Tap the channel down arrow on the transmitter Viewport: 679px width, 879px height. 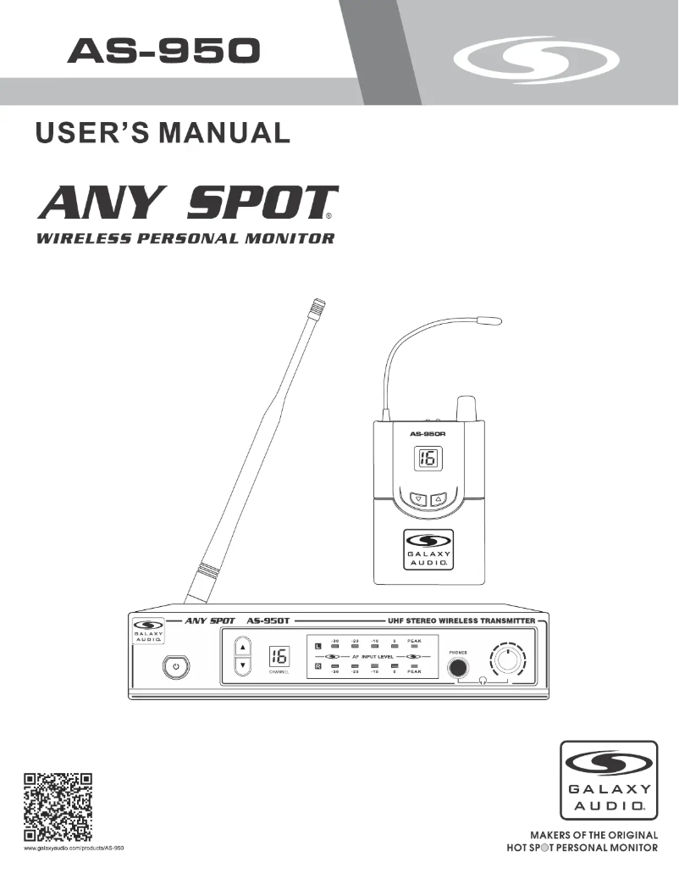coord(243,665)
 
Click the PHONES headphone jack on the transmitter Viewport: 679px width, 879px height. coord(458,668)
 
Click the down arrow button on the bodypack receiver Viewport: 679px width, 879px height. coord(418,499)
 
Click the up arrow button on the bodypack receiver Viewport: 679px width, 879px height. coord(438,499)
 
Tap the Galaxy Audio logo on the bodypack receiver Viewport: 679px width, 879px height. coord(428,548)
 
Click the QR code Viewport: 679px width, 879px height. coord(57,809)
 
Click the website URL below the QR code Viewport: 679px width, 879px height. coord(74,848)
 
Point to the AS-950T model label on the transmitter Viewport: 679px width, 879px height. coord(268,620)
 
